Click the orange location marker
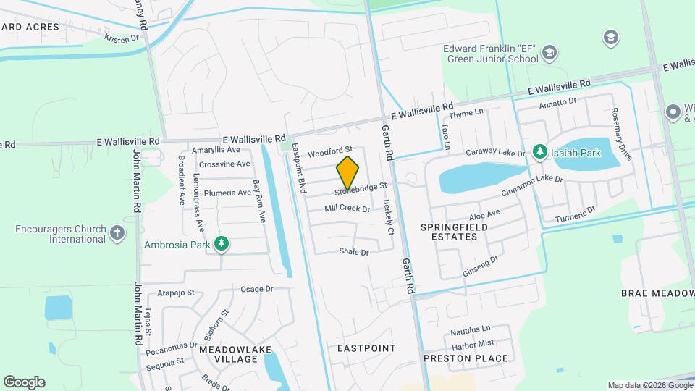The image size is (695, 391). (347, 173)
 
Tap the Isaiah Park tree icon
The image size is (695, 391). (539, 151)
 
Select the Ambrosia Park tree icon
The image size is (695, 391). (223, 245)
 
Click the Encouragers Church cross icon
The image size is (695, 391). (118, 233)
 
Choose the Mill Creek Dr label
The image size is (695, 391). (347, 209)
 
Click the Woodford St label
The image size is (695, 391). (329, 153)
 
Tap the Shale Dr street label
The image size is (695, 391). (354, 252)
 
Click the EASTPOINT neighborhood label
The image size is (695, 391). (366, 348)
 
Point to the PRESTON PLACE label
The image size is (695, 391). (476, 358)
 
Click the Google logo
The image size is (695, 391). (24, 382)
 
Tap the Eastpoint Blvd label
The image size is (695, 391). (299, 167)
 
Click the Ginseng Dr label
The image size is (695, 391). (481, 266)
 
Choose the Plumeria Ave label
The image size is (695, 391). (227, 193)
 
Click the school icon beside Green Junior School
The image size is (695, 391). (550, 51)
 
